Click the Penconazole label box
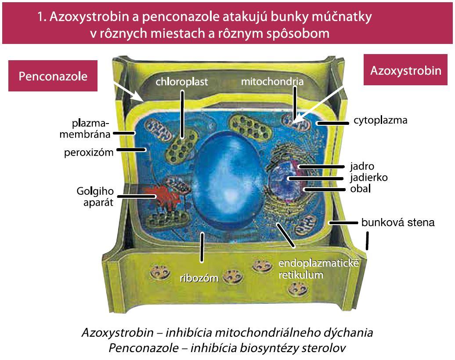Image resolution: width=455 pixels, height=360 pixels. click(53, 76)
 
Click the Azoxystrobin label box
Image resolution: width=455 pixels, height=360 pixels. click(405, 70)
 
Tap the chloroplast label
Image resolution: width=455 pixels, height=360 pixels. click(182, 82)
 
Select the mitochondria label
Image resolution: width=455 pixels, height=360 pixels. click(272, 81)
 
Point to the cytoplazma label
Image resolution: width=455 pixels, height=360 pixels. click(380, 120)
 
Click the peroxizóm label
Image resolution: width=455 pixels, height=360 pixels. click(89, 153)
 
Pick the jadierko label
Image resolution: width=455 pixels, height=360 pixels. click(368, 177)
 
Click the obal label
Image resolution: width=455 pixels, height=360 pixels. click(361, 189)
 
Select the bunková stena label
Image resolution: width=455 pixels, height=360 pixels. click(398, 222)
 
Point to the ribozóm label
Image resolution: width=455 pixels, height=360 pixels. click(199, 278)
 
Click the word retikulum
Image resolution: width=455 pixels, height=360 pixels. click(301, 275)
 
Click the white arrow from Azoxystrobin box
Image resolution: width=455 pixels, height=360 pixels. click(317, 104)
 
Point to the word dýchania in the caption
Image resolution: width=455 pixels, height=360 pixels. click(348, 333)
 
